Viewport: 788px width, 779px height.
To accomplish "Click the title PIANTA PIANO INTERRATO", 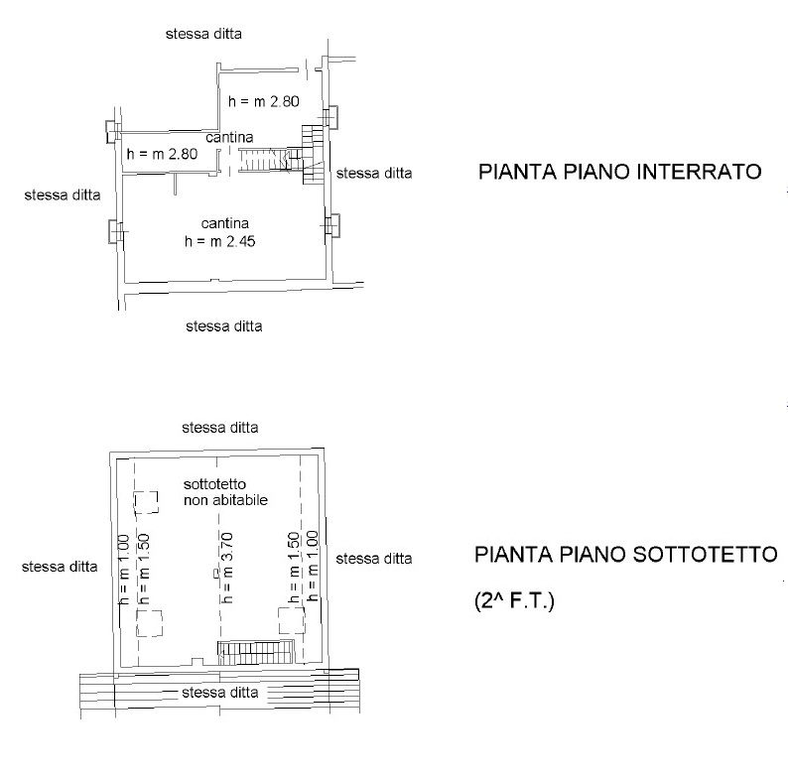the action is (x=619, y=172).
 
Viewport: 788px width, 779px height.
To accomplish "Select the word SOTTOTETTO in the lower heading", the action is (x=705, y=555).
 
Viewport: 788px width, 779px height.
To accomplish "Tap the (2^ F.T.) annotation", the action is (x=514, y=600).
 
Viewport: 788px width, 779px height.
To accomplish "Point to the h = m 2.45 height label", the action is (x=219, y=242).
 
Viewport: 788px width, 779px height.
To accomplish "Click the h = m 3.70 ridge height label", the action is (x=227, y=568).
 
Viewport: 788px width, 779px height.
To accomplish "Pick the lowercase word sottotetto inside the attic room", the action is (x=214, y=484).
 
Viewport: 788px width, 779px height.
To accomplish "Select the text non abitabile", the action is (x=225, y=500).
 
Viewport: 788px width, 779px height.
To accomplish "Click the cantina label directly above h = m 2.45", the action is (x=224, y=223).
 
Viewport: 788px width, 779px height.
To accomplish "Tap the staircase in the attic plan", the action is (x=255, y=652).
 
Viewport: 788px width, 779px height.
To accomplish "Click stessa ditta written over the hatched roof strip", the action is (x=220, y=693).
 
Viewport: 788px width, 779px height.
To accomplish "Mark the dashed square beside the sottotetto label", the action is (x=146, y=502).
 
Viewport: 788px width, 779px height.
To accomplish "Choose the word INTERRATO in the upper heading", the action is (x=699, y=172).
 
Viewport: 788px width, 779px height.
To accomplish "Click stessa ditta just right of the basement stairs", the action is (x=374, y=174).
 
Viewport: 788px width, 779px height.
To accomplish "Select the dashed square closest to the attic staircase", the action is (x=292, y=620).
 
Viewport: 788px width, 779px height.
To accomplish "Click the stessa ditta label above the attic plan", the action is (x=220, y=428).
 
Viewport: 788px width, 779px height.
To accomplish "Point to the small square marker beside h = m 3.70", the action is (x=216, y=572).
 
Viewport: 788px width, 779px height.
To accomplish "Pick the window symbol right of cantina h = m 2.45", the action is (x=331, y=225).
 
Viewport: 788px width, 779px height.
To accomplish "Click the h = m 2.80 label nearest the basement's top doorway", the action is (x=264, y=101).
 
